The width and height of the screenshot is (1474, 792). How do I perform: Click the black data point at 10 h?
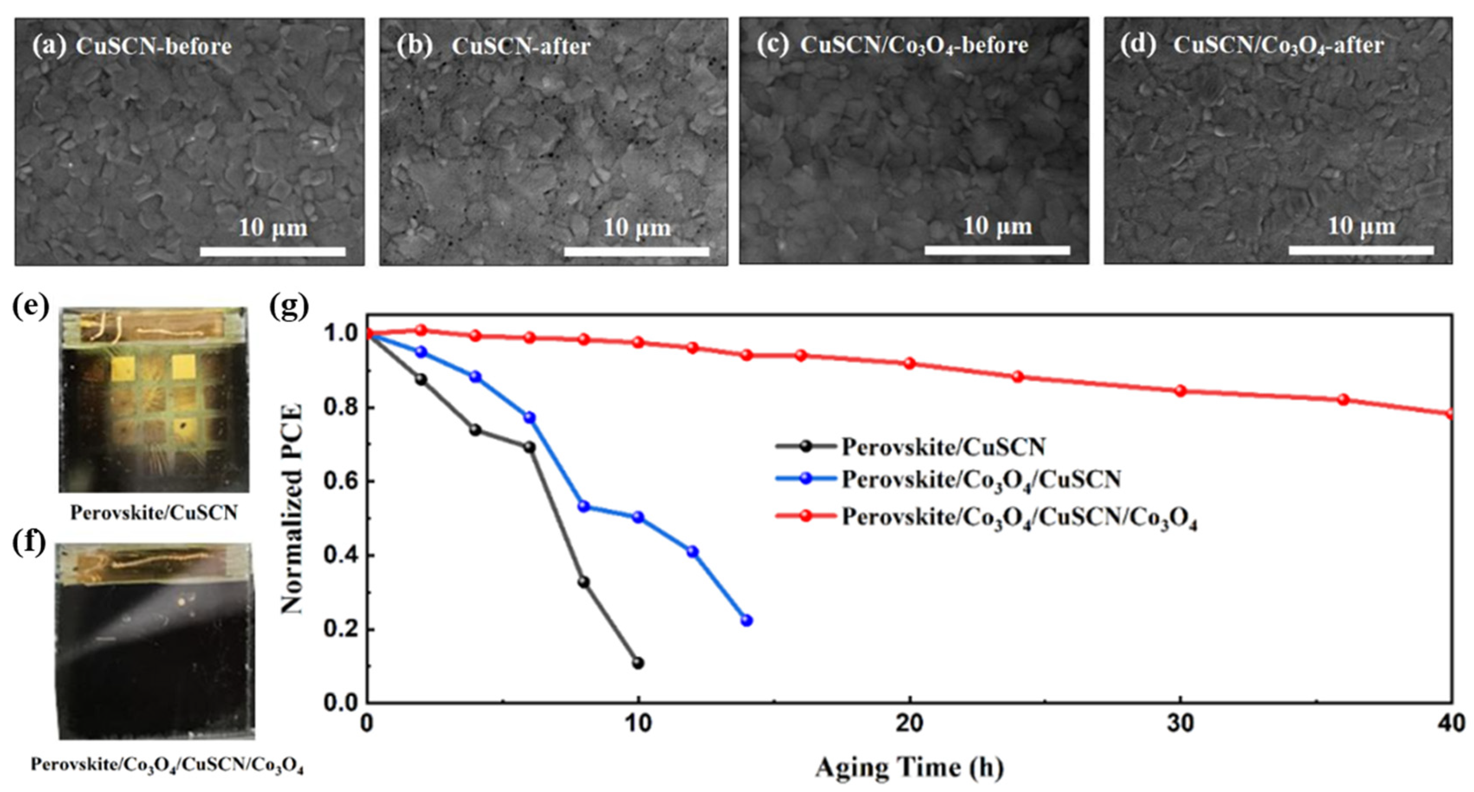(x=638, y=663)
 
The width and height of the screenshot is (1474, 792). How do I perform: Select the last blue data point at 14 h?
(x=746, y=621)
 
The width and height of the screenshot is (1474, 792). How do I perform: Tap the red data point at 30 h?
(x=1180, y=391)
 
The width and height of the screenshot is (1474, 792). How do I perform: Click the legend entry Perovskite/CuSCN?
(x=943, y=446)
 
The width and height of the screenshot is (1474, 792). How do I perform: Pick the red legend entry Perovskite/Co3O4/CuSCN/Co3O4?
(x=1018, y=517)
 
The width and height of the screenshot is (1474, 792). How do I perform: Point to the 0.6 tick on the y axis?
(x=340, y=482)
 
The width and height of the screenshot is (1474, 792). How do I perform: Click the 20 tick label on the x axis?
(x=909, y=724)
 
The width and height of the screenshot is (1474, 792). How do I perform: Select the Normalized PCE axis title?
(x=292, y=509)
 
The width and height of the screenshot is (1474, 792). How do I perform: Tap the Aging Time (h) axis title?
(x=909, y=767)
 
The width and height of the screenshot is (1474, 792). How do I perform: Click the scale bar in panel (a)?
(x=272, y=252)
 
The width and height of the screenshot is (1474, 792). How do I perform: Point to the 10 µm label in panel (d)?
(x=1361, y=226)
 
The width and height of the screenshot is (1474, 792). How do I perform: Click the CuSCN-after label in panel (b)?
(x=521, y=46)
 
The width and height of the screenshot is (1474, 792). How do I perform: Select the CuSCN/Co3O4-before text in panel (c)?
(x=914, y=45)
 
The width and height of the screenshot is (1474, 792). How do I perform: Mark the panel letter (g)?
(x=289, y=307)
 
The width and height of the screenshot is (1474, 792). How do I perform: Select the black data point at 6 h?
(x=530, y=447)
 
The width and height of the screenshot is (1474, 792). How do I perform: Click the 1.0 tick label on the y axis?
(x=340, y=334)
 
